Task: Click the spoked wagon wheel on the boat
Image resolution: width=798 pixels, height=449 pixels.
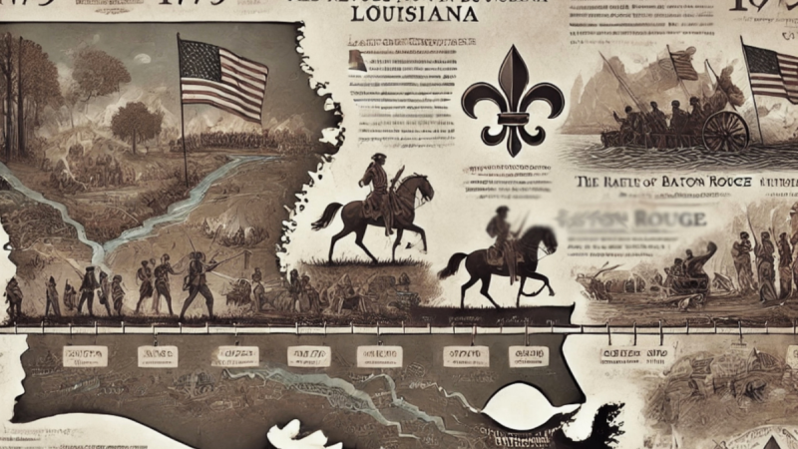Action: coord(724,130)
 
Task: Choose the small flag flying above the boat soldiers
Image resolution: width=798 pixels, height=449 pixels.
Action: coord(684,65)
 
